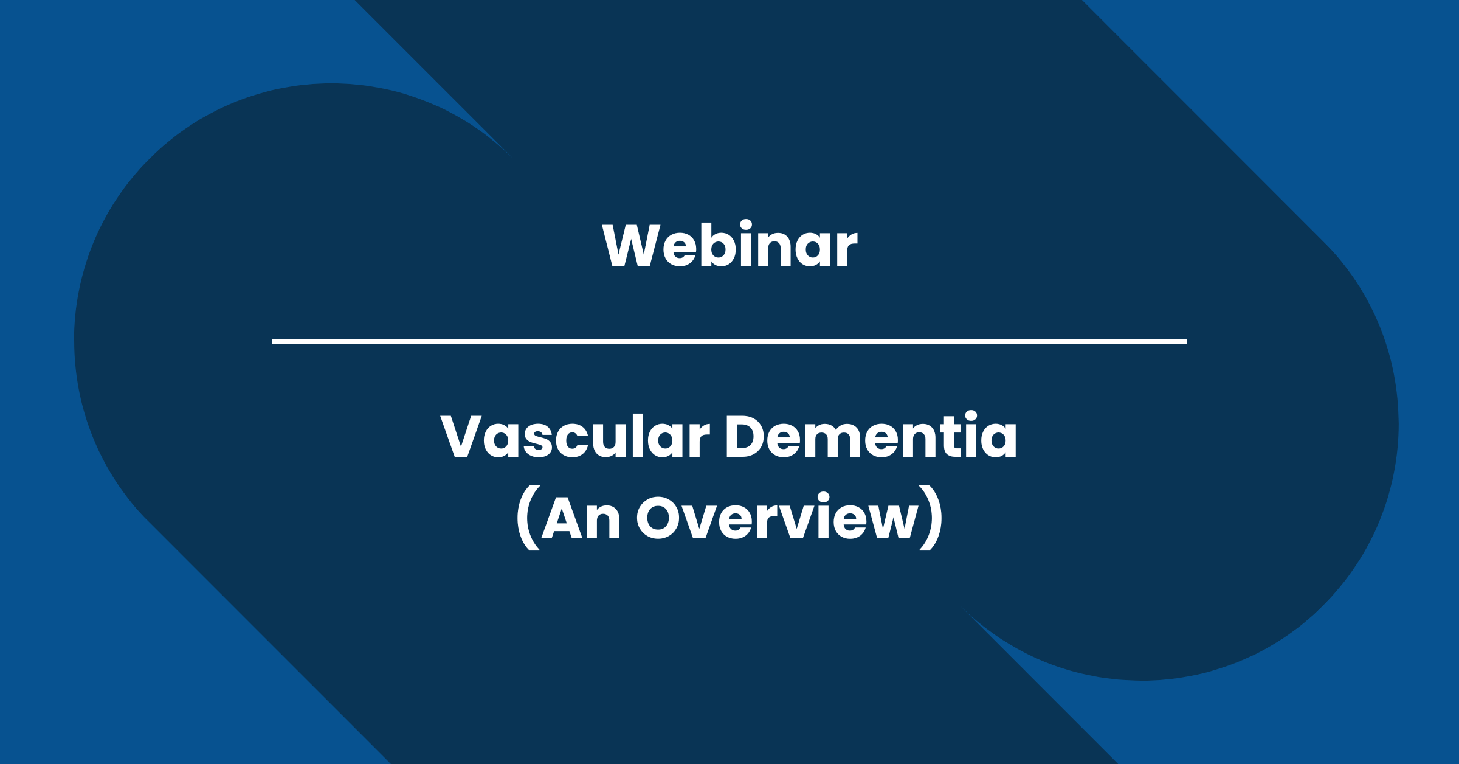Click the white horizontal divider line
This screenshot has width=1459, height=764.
coord(729,341)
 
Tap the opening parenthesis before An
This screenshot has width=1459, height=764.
coord(528,518)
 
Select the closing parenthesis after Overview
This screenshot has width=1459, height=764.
coord(931,518)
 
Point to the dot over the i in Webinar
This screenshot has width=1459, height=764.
coord(747,224)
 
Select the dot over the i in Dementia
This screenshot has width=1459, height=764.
coord(971,417)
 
